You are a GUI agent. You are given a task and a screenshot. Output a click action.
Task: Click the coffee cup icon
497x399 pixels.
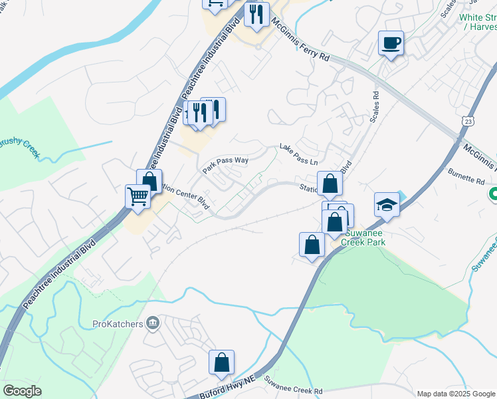click(x=391, y=43)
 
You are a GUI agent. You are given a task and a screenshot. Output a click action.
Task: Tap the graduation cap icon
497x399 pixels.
click(x=387, y=205)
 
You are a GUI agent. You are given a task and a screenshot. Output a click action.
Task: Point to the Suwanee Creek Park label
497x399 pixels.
click(x=363, y=238)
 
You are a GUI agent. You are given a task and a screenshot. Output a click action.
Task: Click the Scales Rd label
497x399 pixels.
click(x=375, y=106)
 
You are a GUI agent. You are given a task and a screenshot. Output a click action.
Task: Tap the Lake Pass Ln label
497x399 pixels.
click(x=298, y=155)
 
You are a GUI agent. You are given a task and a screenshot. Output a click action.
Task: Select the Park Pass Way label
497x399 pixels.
click(x=225, y=163)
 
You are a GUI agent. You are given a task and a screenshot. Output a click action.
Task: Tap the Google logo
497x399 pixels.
click(x=22, y=391)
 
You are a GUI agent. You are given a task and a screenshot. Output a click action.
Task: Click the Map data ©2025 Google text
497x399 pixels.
click(x=456, y=394)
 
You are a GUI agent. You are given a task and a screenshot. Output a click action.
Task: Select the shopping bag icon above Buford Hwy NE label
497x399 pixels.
click(x=221, y=363)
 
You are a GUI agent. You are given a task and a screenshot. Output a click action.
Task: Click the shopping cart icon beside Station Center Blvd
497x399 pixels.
click(x=138, y=196)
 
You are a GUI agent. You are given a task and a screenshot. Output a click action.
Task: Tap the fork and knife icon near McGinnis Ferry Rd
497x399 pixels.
click(x=256, y=15)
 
